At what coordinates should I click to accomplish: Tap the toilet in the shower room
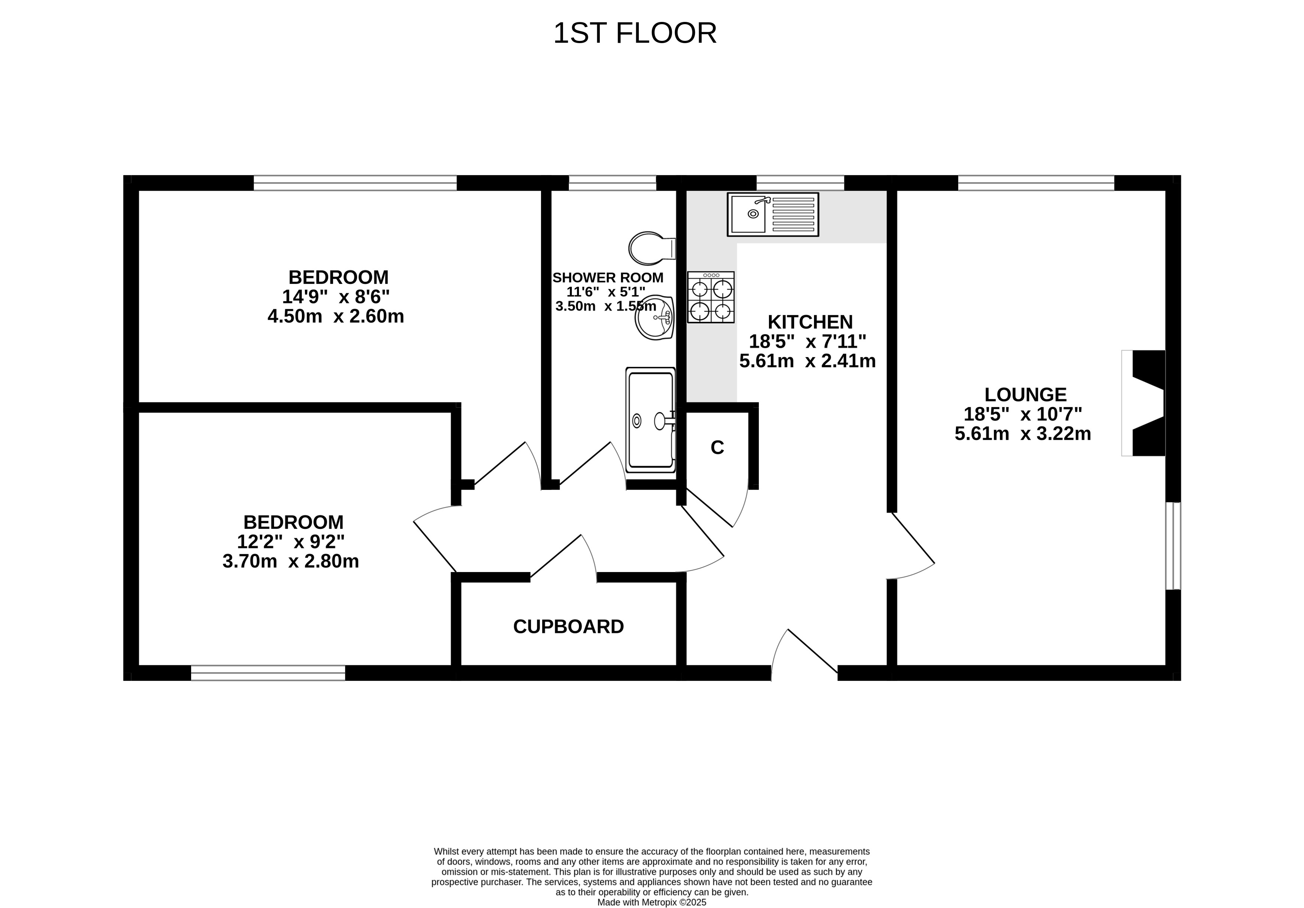(652, 248)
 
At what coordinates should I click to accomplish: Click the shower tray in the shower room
(651, 420)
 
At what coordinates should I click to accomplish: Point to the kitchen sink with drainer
(773, 214)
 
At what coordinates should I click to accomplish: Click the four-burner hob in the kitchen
(711, 297)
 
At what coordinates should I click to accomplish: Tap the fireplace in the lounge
(1143, 403)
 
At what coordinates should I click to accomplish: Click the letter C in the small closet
(717, 448)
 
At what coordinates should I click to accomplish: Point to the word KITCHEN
(810, 322)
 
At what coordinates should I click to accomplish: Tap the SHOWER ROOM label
(608, 278)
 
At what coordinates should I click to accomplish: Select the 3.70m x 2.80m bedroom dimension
(291, 561)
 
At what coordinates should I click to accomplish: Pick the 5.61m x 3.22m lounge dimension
(1023, 434)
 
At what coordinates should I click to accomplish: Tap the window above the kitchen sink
(800, 183)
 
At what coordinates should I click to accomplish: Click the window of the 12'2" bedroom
(268, 673)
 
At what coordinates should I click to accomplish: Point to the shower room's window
(612, 183)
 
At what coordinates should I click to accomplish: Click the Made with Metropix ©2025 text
(652, 902)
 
